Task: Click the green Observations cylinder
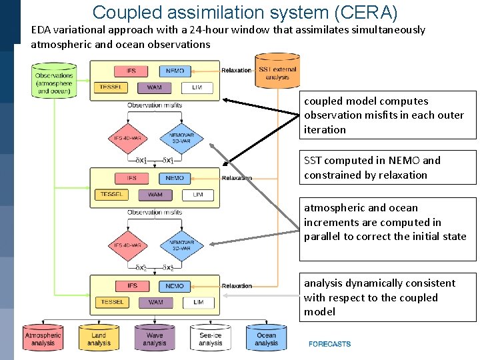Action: tap(55, 81)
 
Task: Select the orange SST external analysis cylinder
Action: tap(277, 71)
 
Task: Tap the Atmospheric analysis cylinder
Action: tap(43, 338)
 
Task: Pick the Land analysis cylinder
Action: tap(99, 338)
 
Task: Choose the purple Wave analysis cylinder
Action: tap(154, 338)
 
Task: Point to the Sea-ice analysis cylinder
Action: tap(210, 338)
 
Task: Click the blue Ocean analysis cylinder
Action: tap(266, 338)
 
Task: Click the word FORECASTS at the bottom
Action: tap(329, 344)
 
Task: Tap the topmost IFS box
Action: tap(131, 71)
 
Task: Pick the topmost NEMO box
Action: tap(175, 71)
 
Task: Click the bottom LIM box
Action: tap(198, 303)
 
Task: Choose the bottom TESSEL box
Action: tap(112, 303)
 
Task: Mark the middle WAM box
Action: tap(155, 195)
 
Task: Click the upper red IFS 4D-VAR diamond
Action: tap(127, 139)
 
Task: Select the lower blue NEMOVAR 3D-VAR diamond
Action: tap(181, 247)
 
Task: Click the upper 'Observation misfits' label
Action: tap(155, 105)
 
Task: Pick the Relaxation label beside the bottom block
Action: tap(237, 286)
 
